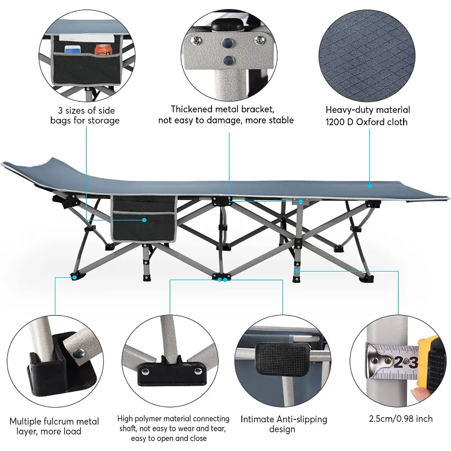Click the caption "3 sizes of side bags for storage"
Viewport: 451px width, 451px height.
89,115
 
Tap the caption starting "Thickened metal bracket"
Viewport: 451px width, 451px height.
232,114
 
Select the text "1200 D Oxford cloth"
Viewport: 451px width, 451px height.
368,122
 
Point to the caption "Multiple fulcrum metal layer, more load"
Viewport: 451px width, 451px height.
54,426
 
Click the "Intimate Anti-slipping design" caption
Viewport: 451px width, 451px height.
284,424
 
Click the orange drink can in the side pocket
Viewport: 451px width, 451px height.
101,50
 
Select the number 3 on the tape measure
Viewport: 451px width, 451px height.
413,361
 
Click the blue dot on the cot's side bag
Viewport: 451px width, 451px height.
145,219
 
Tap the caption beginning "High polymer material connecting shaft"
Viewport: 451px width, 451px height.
173,428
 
